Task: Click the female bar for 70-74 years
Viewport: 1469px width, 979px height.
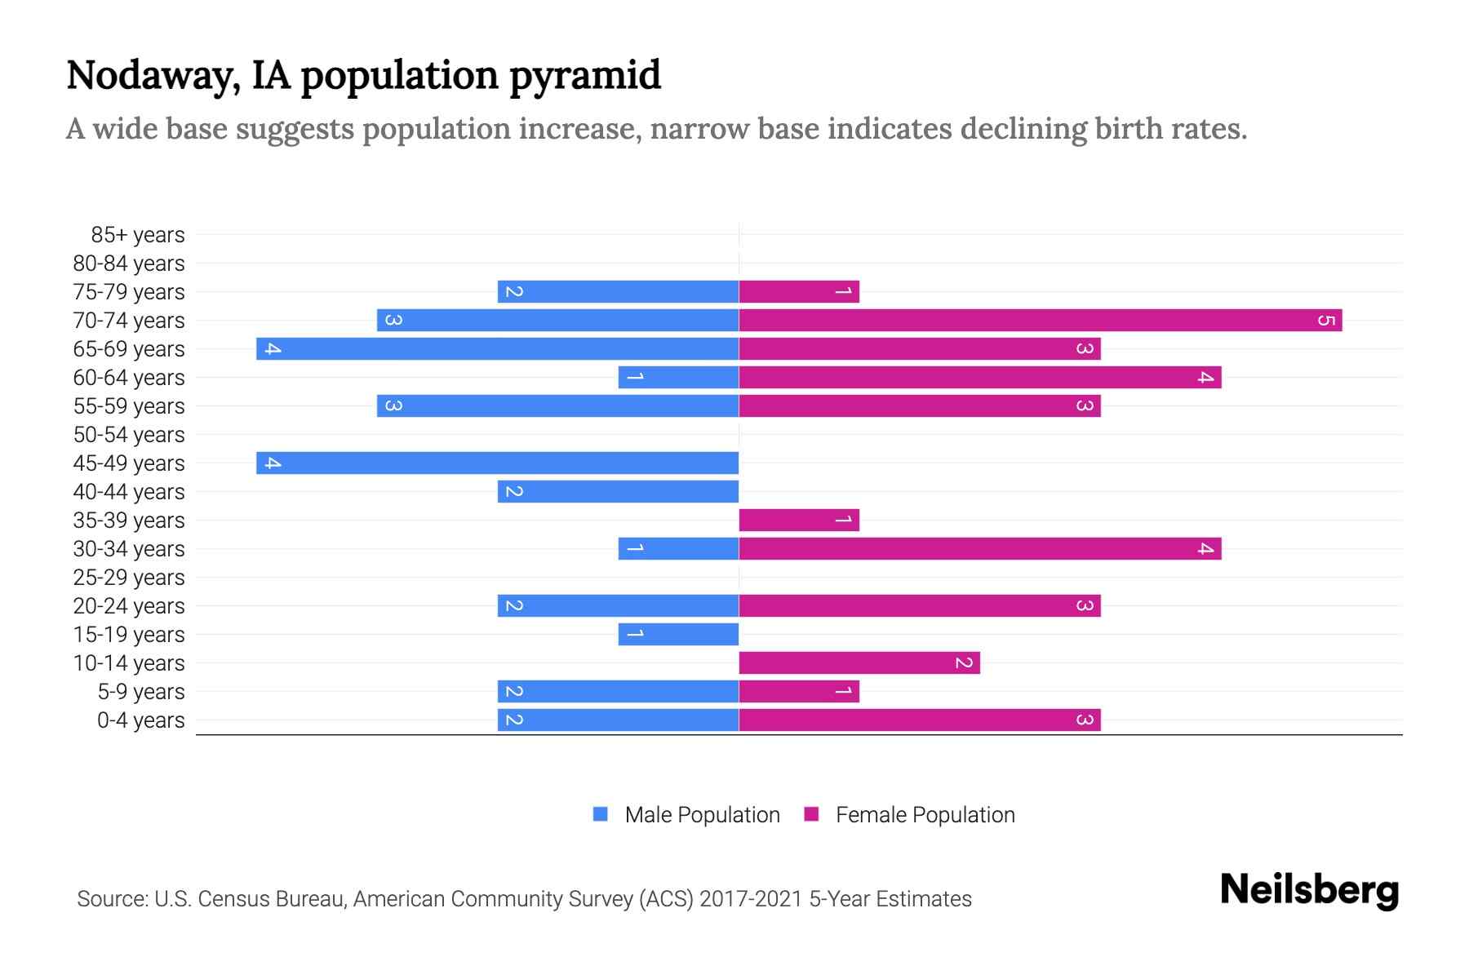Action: (x=1040, y=320)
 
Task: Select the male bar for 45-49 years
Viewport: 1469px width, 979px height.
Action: (x=497, y=463)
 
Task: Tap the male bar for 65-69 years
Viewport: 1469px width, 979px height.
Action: (x=497, y=348)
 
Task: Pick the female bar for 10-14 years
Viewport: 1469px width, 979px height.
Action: (x=859, y=662)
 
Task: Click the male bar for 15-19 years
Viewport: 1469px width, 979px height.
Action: (x=678, y=634)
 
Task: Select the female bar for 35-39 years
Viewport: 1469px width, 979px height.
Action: (x=799, y=520)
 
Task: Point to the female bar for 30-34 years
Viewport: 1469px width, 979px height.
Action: (x=979, y=548)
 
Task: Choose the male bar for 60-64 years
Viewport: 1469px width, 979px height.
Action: (x=678, y=377)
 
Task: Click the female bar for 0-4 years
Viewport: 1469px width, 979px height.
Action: (x=919, y=720)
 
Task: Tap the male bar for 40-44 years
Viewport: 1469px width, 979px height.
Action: (x=618, y=491)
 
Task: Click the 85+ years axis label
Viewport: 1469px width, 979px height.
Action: (x=137, y=235)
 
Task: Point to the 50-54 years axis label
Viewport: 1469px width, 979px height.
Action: (x=129, y=435)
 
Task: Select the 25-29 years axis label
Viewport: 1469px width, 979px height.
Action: (x=129, y=578)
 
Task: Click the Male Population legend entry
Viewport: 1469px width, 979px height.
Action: (x=701, y=814)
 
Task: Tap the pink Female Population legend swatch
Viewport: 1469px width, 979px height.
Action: (x=811, y=814)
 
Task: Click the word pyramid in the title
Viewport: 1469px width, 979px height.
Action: (x=584, y=76)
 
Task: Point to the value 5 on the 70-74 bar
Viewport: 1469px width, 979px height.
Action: (x=1325, y=320)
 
